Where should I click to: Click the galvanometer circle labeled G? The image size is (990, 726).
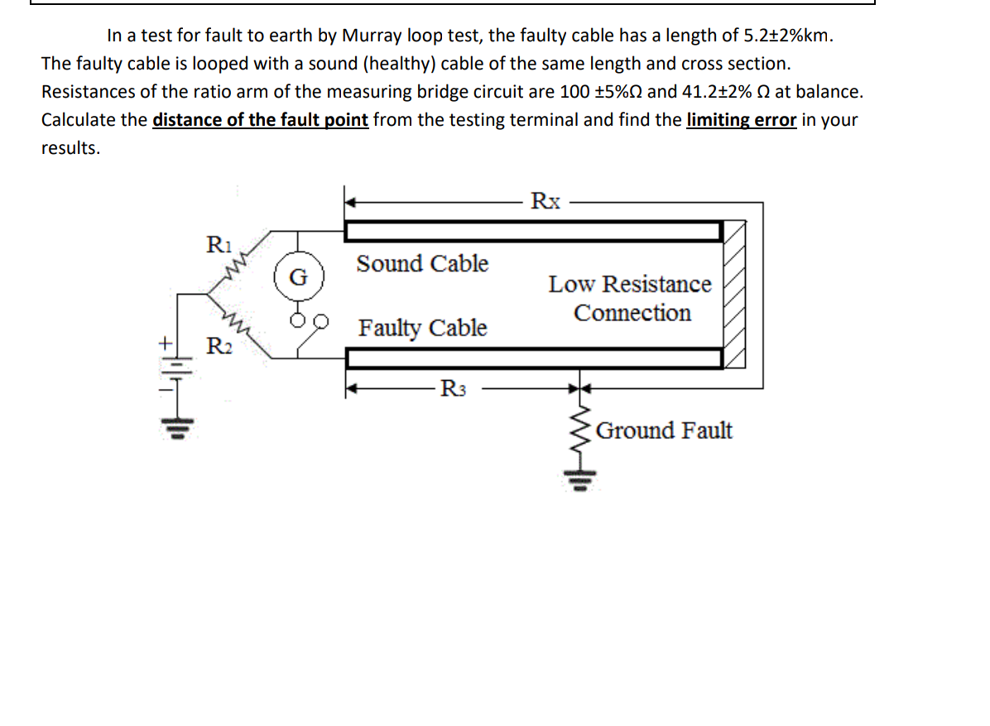click(298, 276)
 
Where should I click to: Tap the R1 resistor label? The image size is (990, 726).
click(218, 245)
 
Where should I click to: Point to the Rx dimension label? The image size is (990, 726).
click(545, 200)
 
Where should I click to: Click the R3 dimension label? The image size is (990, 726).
click(455, 387)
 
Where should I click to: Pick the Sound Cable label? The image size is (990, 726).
click(422, 264)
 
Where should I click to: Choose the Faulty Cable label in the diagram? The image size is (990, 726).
click(422, 328)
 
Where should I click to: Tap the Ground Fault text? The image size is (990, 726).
click(664, 430)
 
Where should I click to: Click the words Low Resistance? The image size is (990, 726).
click(629, 284)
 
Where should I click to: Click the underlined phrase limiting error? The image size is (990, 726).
click(742, 120)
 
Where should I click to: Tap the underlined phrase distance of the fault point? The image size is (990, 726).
click(260, 120)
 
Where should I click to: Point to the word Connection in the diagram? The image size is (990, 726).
click(632, 314)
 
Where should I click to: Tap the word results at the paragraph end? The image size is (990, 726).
click(70, 148)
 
